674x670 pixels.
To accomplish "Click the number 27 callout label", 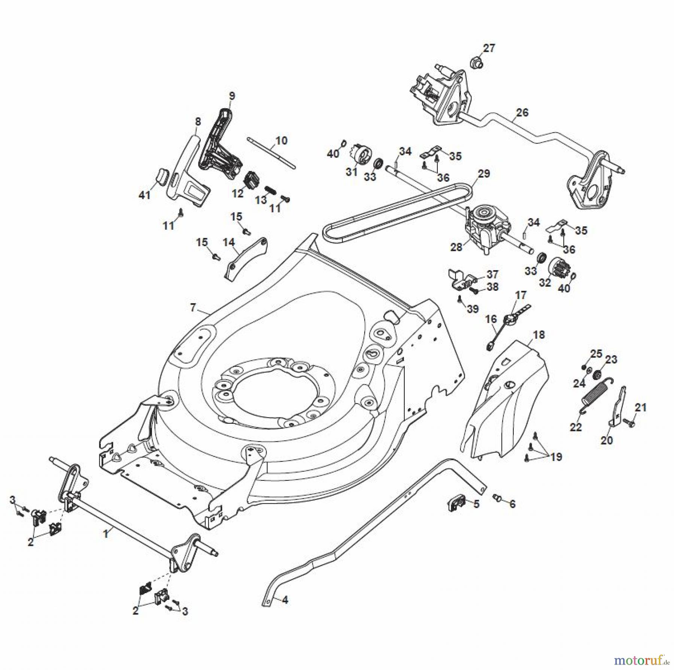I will (489, 48).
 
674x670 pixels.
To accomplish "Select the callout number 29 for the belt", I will (484, 173).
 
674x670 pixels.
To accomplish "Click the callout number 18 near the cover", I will (539, 335).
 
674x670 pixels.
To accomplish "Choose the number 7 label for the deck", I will (193, 308).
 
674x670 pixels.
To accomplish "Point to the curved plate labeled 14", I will (247, 257).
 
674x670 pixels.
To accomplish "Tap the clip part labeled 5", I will (456, 502).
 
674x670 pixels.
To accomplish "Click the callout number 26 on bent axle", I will (522, 112).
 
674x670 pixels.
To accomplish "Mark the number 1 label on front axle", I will (106, 533).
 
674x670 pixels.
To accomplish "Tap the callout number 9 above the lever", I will (232, 96).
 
